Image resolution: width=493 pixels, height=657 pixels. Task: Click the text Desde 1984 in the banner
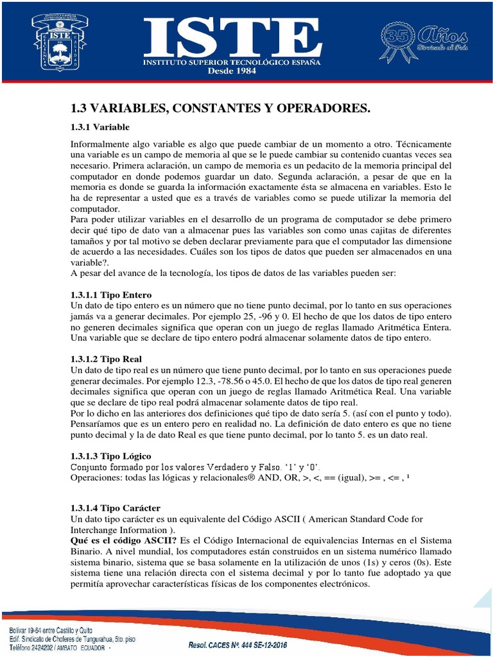232,71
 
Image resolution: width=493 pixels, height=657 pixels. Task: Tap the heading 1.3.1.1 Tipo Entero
110,295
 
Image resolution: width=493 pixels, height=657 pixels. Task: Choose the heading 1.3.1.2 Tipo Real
106,359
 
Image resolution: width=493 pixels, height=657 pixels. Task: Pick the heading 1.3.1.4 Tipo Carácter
115,508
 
